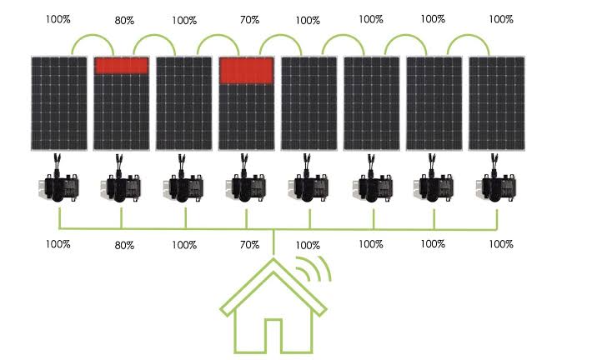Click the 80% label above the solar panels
124,20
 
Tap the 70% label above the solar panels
249,20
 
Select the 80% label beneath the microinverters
124,245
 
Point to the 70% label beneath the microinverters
249,244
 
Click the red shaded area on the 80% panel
121,66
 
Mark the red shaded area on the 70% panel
247,71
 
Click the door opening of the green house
273,336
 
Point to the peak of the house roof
273,259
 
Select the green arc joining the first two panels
93,35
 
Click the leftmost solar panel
59,103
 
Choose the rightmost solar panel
496,103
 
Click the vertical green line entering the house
273,242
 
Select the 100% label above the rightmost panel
501,19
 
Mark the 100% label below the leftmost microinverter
58,244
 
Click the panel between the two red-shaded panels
184,103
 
